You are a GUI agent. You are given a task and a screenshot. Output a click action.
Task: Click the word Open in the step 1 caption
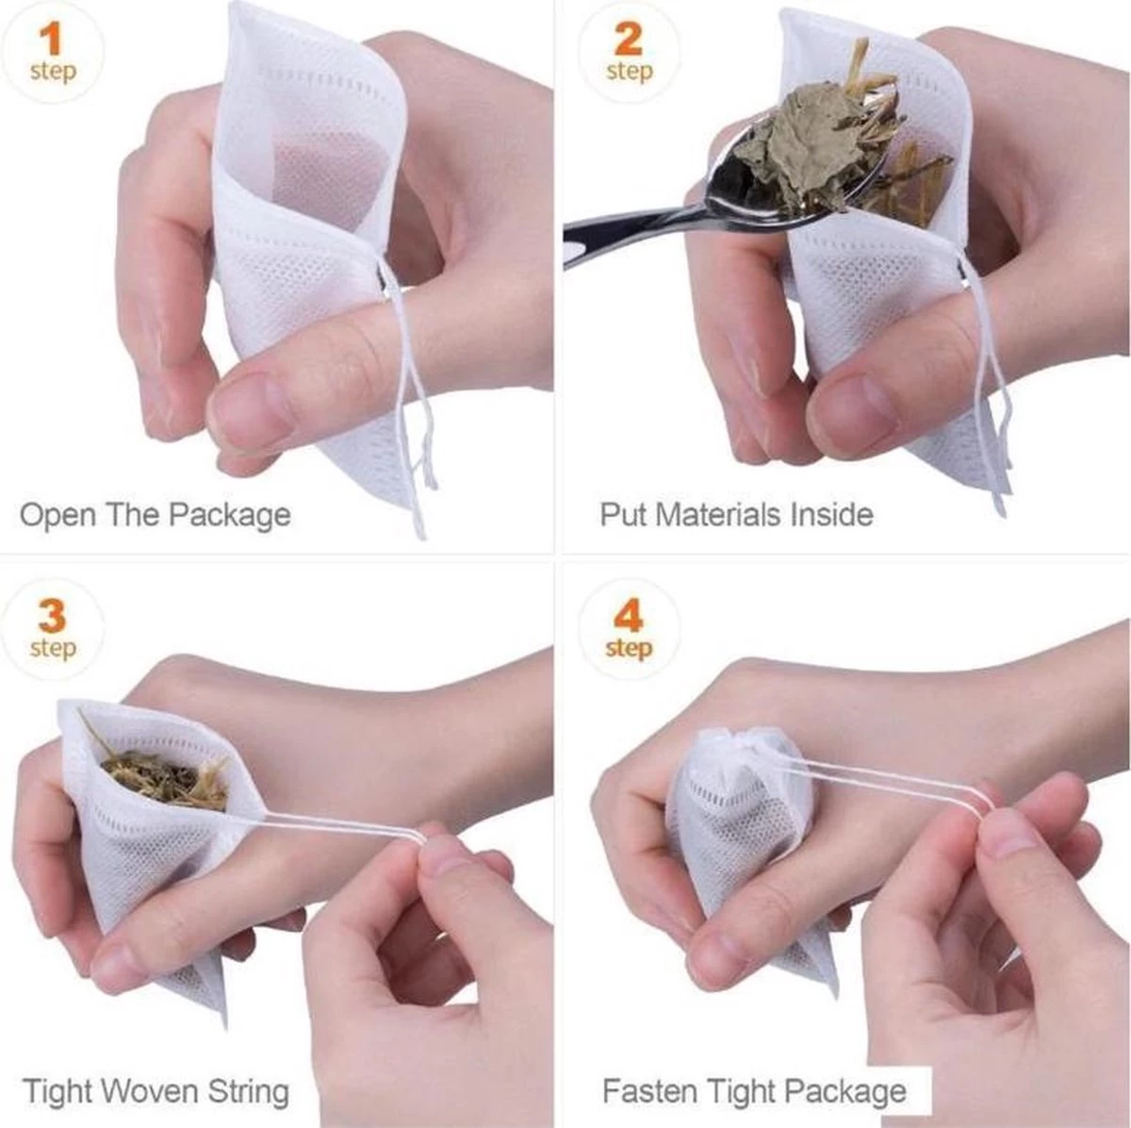click(x=57, y=516)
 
